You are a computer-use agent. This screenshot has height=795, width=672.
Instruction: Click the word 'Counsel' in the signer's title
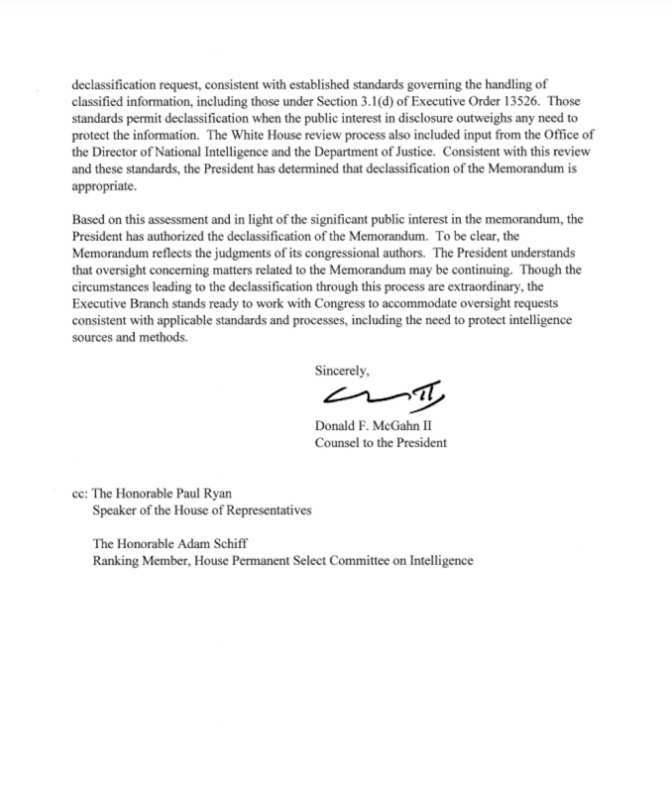pyautogui.click(x=336, y=443)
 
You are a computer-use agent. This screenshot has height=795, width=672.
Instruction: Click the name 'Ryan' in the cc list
pyautogui.click(x=217, y=493)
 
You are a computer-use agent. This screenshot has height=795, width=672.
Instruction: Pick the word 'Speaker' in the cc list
pyautogui.click(x=113, y=510)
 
